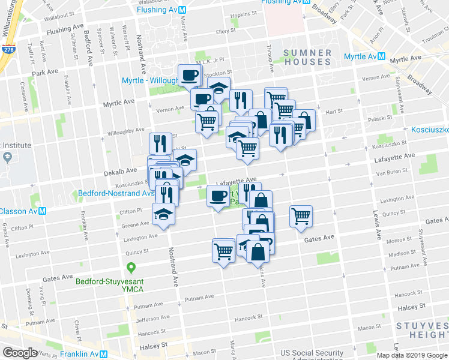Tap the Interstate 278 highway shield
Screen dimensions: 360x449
pyautogui.click(x=8, y=51)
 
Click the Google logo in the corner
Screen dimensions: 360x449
pyautogui.click(x=20, y=353)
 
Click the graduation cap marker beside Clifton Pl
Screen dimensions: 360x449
pyautogui.click(x=163, y=215)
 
